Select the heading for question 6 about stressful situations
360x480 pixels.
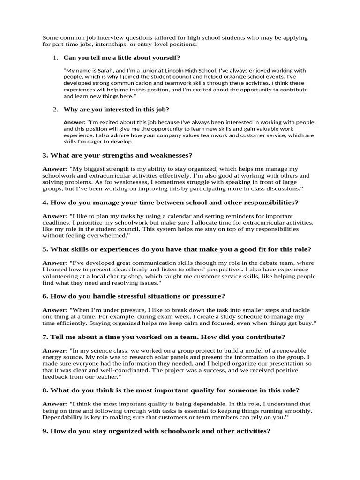coord(134,296)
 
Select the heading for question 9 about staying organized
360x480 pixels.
coord(156,431)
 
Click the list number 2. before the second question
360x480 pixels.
coord(55,109)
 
